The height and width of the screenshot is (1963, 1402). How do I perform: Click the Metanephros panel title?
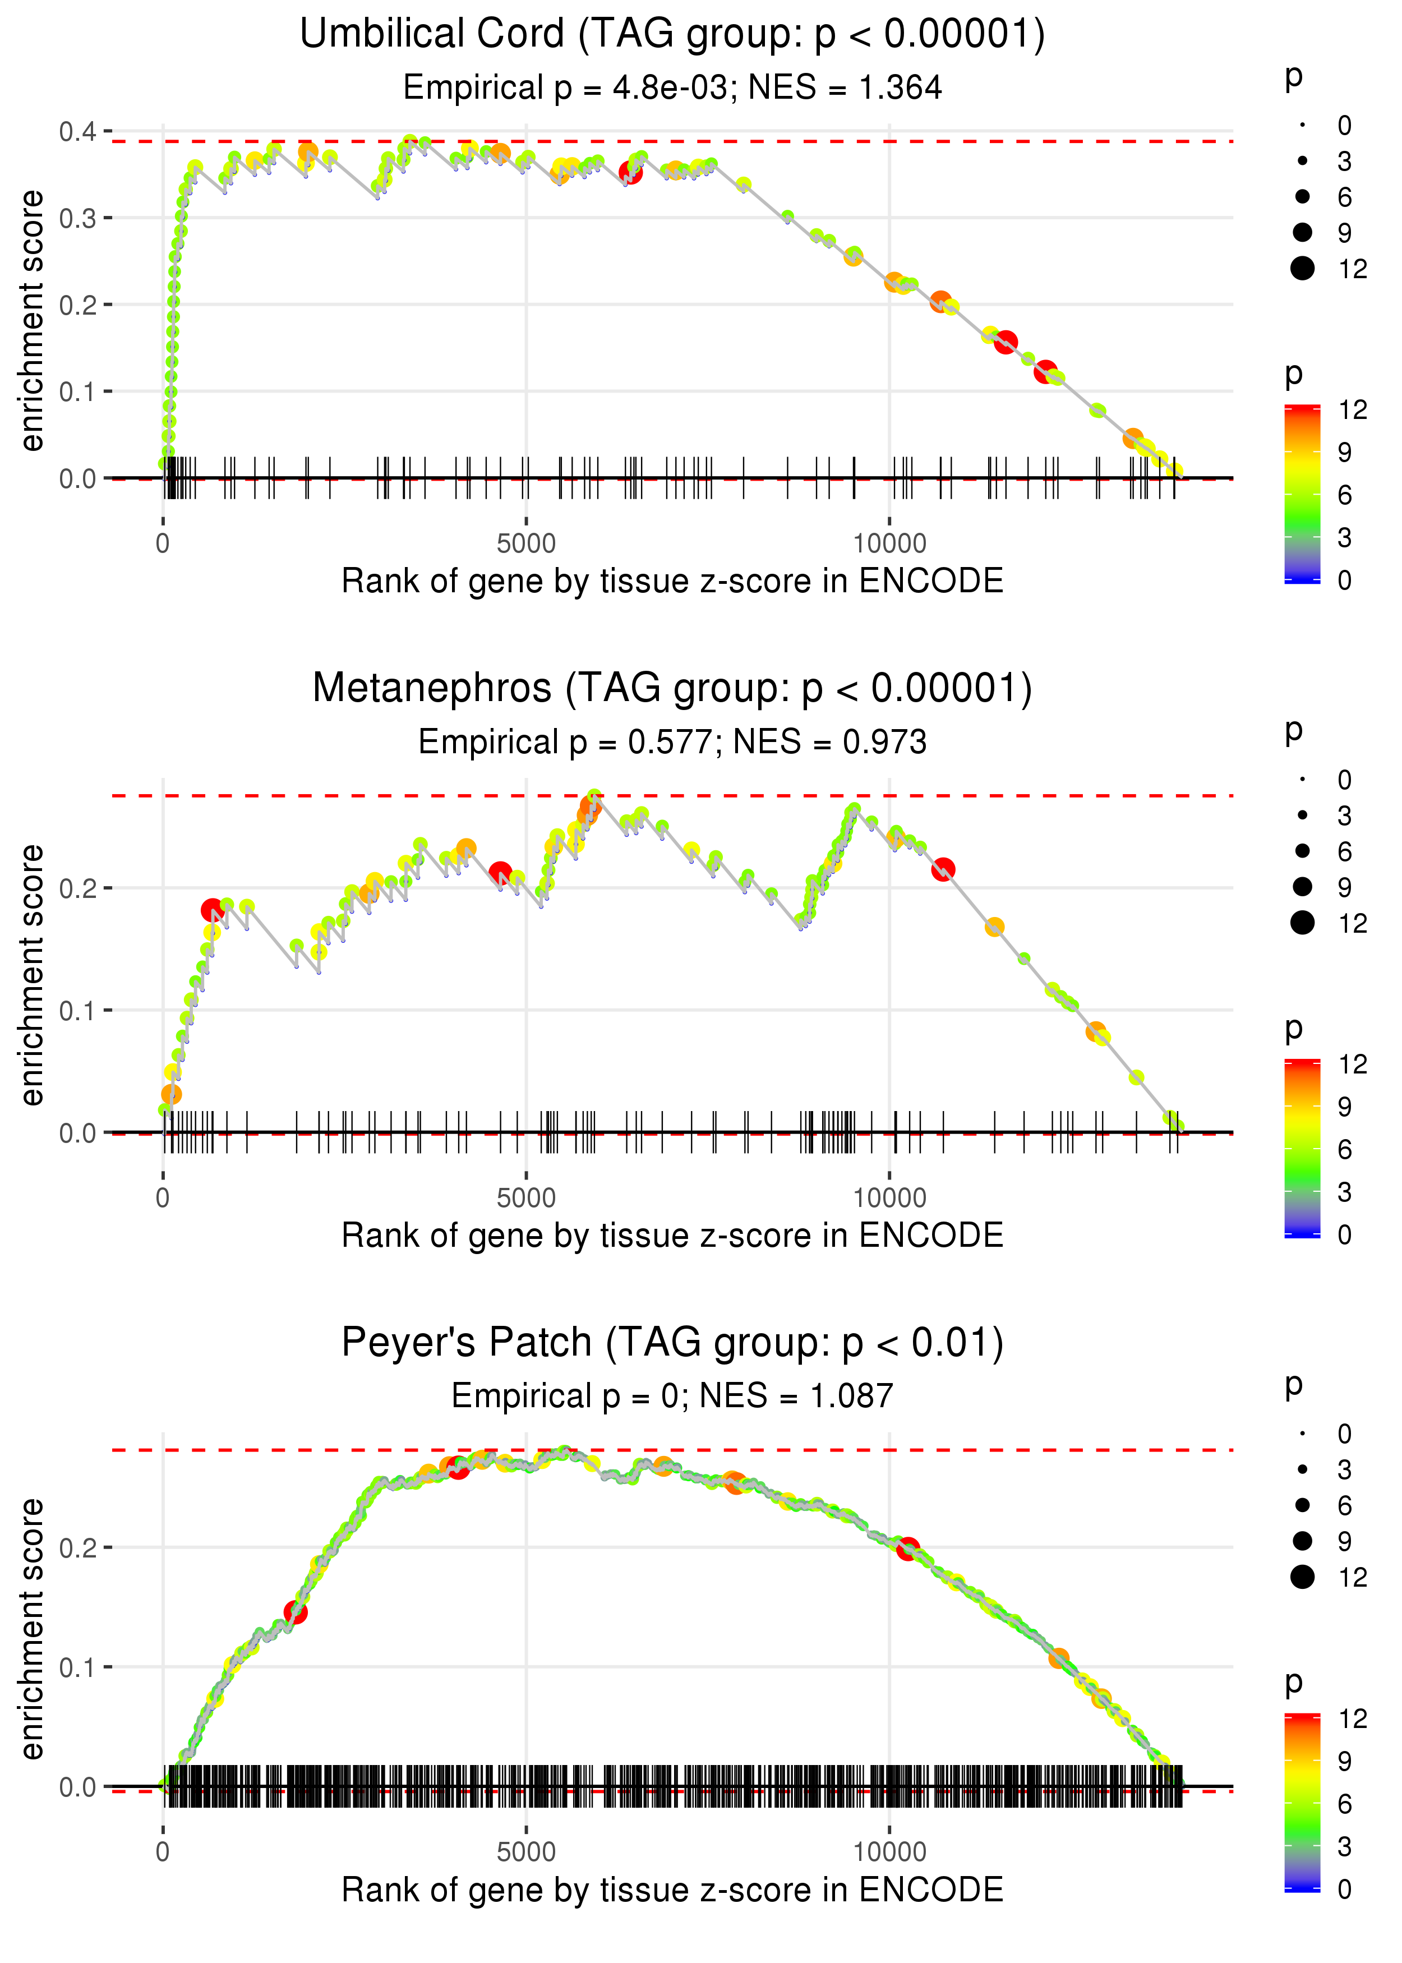(672, 689)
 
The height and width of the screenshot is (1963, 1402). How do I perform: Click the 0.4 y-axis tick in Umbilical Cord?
(78, 132)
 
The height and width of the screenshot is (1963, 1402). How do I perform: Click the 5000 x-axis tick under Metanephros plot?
(526, 1198)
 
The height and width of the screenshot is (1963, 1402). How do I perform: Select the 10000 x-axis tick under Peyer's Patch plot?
(889, 1853)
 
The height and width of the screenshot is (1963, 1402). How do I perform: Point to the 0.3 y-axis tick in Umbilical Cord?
(78, 218)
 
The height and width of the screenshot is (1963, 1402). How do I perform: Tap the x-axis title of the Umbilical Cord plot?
(672, 581)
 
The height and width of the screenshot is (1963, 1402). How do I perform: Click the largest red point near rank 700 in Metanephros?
(211, 910)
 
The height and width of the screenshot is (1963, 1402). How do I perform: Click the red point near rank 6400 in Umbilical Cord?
(631, 173)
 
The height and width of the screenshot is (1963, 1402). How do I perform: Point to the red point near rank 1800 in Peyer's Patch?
(295, 1612)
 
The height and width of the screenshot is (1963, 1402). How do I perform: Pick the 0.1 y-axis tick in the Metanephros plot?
(78, 1010)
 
